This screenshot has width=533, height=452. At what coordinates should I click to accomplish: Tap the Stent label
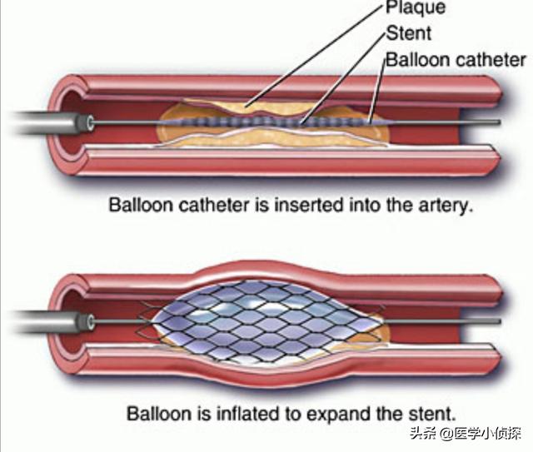coord(409,34)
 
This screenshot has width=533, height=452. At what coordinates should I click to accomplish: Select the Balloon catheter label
coord(455,60)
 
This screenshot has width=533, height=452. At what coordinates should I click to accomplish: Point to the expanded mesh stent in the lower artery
coord(262,316)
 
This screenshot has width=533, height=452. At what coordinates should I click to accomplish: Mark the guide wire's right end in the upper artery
coord(498,123)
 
